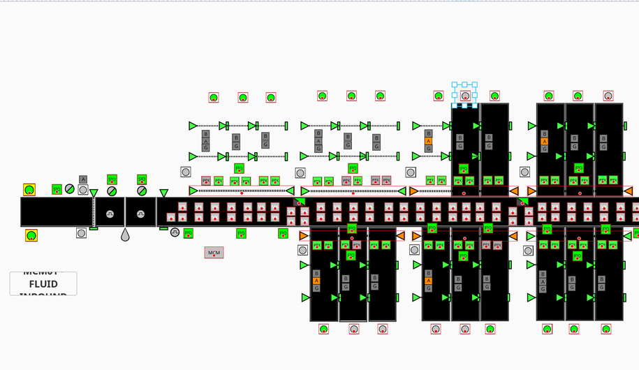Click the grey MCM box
[x=214, y=253]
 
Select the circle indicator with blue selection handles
[x=465, y=96]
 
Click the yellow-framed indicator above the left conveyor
[x=29, y=189]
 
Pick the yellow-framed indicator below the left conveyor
[x=31, y=235]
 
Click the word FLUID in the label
[x=43, y=284]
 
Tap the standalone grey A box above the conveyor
[x=83, y=179]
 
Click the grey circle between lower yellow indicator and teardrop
[x=82, y=233]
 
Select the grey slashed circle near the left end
[x=70, y=188]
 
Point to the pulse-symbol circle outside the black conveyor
[x=175, y=232]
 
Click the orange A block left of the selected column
[x=429, y=141]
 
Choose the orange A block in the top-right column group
[x=544, y=141]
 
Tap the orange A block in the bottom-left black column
[x=316, y=281]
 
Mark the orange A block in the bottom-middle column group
[x=429, y=281]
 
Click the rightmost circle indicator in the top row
[x=608, y=96]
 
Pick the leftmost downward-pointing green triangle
[x=94, y=193]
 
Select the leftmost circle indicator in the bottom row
[x=323, y=329]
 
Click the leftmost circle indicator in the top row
[x=214, y=98]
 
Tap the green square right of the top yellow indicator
[x=57, y=189]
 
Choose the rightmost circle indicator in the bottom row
[x=605, y=329]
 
